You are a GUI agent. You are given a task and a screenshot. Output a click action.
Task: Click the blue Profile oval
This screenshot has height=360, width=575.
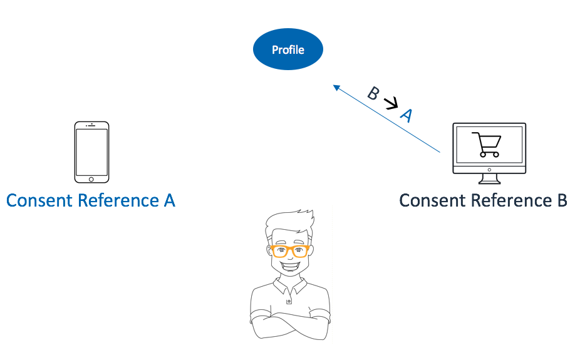[x=287, y=49]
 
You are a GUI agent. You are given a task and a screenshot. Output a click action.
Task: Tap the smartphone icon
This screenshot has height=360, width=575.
[x=91, y=152]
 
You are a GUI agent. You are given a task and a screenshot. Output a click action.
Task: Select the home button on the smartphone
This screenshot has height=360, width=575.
[x=91, y=178]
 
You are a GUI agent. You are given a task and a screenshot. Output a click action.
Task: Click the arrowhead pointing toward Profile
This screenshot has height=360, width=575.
[x=336, y=86]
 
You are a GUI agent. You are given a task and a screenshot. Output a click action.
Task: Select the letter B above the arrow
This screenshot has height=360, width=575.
[x=373, y=93]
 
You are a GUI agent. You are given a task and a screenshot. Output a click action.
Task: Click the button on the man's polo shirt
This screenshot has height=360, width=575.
[x=289, y=301]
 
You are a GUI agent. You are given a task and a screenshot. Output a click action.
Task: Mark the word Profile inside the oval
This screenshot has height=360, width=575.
[x=287, y=49]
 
